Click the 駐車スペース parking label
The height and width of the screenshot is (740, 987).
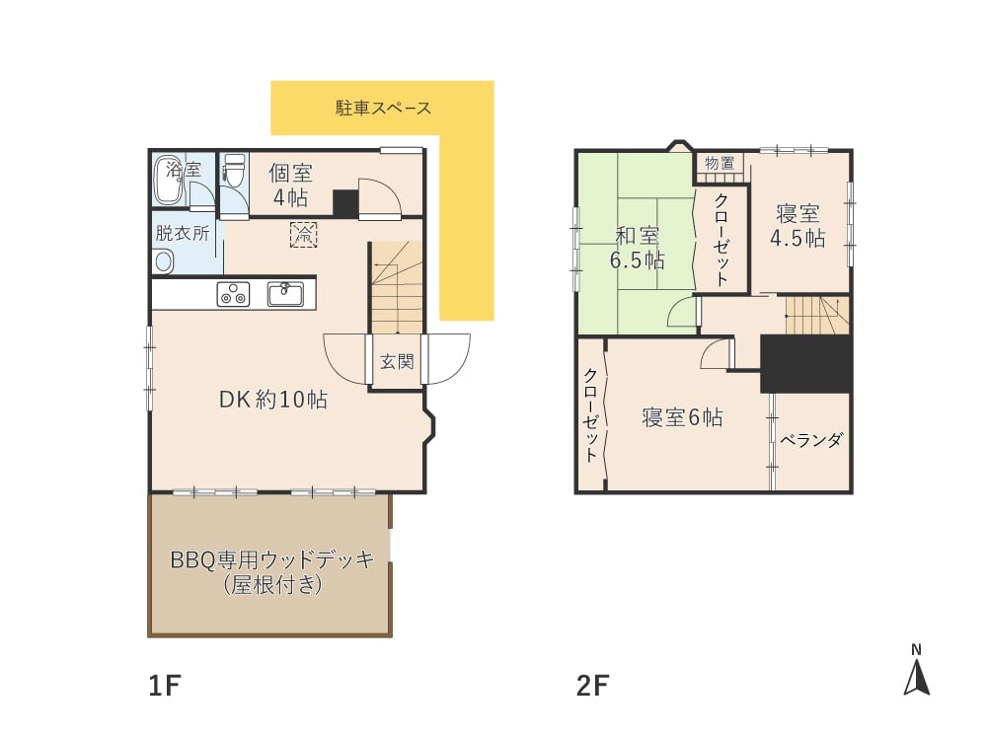(x=383, y=108)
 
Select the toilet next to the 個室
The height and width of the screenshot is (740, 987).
(x=234, y=174)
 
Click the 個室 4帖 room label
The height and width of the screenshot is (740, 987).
(x=290, y=185)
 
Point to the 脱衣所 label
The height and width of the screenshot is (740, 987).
(x=182, y=234)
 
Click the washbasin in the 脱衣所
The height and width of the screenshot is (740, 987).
(x=163, y=260)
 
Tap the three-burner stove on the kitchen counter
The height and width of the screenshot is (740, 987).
(x=234, y=293)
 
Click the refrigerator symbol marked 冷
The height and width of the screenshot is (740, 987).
(x=303, y=235)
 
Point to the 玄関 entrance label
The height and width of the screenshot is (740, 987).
(x=397, y=362)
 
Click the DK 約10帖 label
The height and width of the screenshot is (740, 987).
(x=272, y=401)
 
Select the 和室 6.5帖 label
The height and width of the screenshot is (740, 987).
(x=638, y=248)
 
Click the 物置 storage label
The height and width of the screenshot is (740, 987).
(x=720, y=164)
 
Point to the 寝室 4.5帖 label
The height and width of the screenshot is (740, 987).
(x=799, y=226)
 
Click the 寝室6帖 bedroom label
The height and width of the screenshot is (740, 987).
(x=682, y=417)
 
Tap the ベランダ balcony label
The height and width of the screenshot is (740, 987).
(x=811, y=440)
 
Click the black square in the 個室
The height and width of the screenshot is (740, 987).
(x=345, y=202)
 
